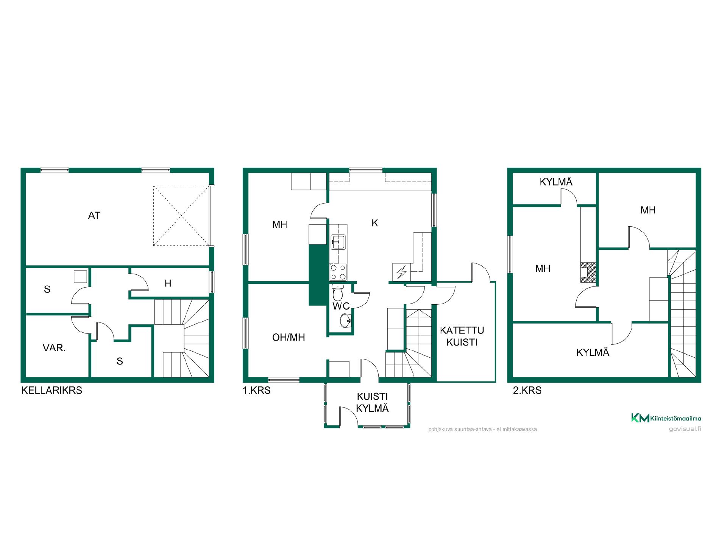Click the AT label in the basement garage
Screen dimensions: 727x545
pos(94,216)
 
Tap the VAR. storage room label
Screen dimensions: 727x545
pos(54,348)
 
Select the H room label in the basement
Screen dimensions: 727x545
pos(168,283)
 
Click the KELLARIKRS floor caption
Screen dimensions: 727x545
pos(52,390)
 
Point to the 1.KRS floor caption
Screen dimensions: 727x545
pos(257,390)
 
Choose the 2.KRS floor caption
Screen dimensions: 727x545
pos(527,390)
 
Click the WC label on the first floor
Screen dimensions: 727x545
pos(341,306)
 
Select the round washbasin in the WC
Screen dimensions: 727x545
pos(346,321)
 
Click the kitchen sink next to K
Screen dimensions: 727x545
pos(338,242)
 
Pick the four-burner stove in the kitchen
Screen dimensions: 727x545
pos(338,272)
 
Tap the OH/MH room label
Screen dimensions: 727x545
pos(289,337)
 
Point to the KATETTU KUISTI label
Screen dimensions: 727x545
pos(462,336)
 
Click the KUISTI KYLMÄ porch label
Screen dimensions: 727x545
pos(373,402)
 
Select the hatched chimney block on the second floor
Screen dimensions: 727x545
pos(588,272)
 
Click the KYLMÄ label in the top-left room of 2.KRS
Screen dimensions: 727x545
pos(556,182)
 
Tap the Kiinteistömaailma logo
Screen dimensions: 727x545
pos(666,418)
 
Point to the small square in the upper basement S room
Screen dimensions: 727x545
pos(80,276)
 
